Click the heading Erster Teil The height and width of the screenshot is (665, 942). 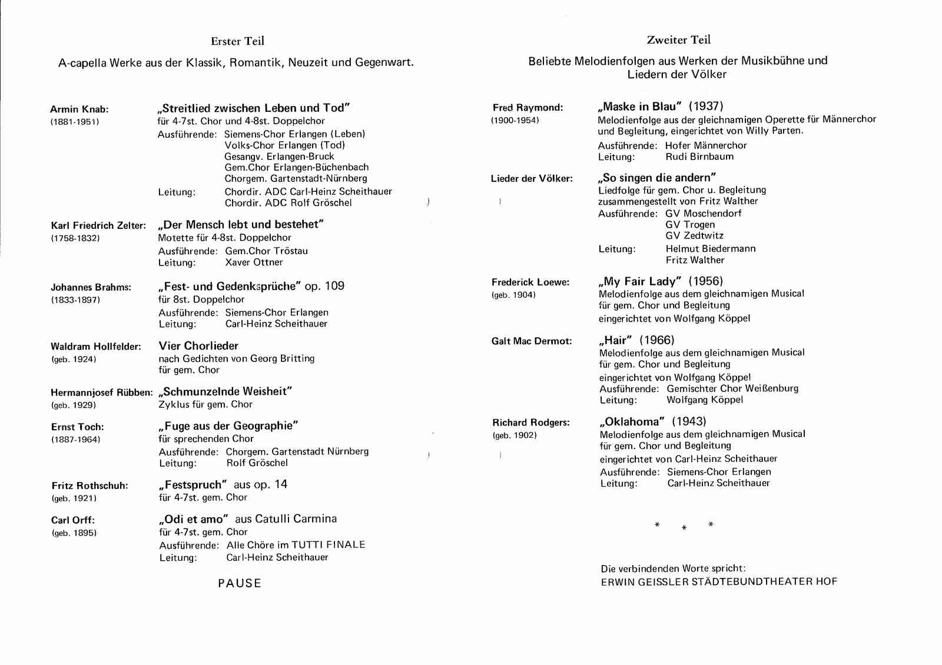[x=237, y=41]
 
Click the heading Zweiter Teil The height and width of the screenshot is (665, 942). [x=678, y=40]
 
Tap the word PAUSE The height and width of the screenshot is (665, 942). [x=239, y=583]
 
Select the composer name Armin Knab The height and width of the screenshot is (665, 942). [x=79, y=109]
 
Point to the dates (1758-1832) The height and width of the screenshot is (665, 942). [x=75, y=238]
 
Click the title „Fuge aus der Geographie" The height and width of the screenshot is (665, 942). [x=228, y=425]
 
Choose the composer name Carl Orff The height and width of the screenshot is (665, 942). [x=72, y=520]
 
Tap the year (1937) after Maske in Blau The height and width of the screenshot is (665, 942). [x=706, y=107]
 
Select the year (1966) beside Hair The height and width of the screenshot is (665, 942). [x=657, y=340]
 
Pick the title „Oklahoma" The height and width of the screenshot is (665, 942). [x=632, y=421]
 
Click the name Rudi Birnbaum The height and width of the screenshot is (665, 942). [x=699, y=157]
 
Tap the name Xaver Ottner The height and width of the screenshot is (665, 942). [x=254, y=262]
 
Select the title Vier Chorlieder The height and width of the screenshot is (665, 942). [x=198, y=345]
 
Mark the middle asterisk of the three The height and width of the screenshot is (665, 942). [x=684, y=528]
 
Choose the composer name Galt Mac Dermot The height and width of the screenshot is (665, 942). [x=531, y=341]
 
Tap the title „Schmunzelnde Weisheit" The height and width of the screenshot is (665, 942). [x=225, y=391]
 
